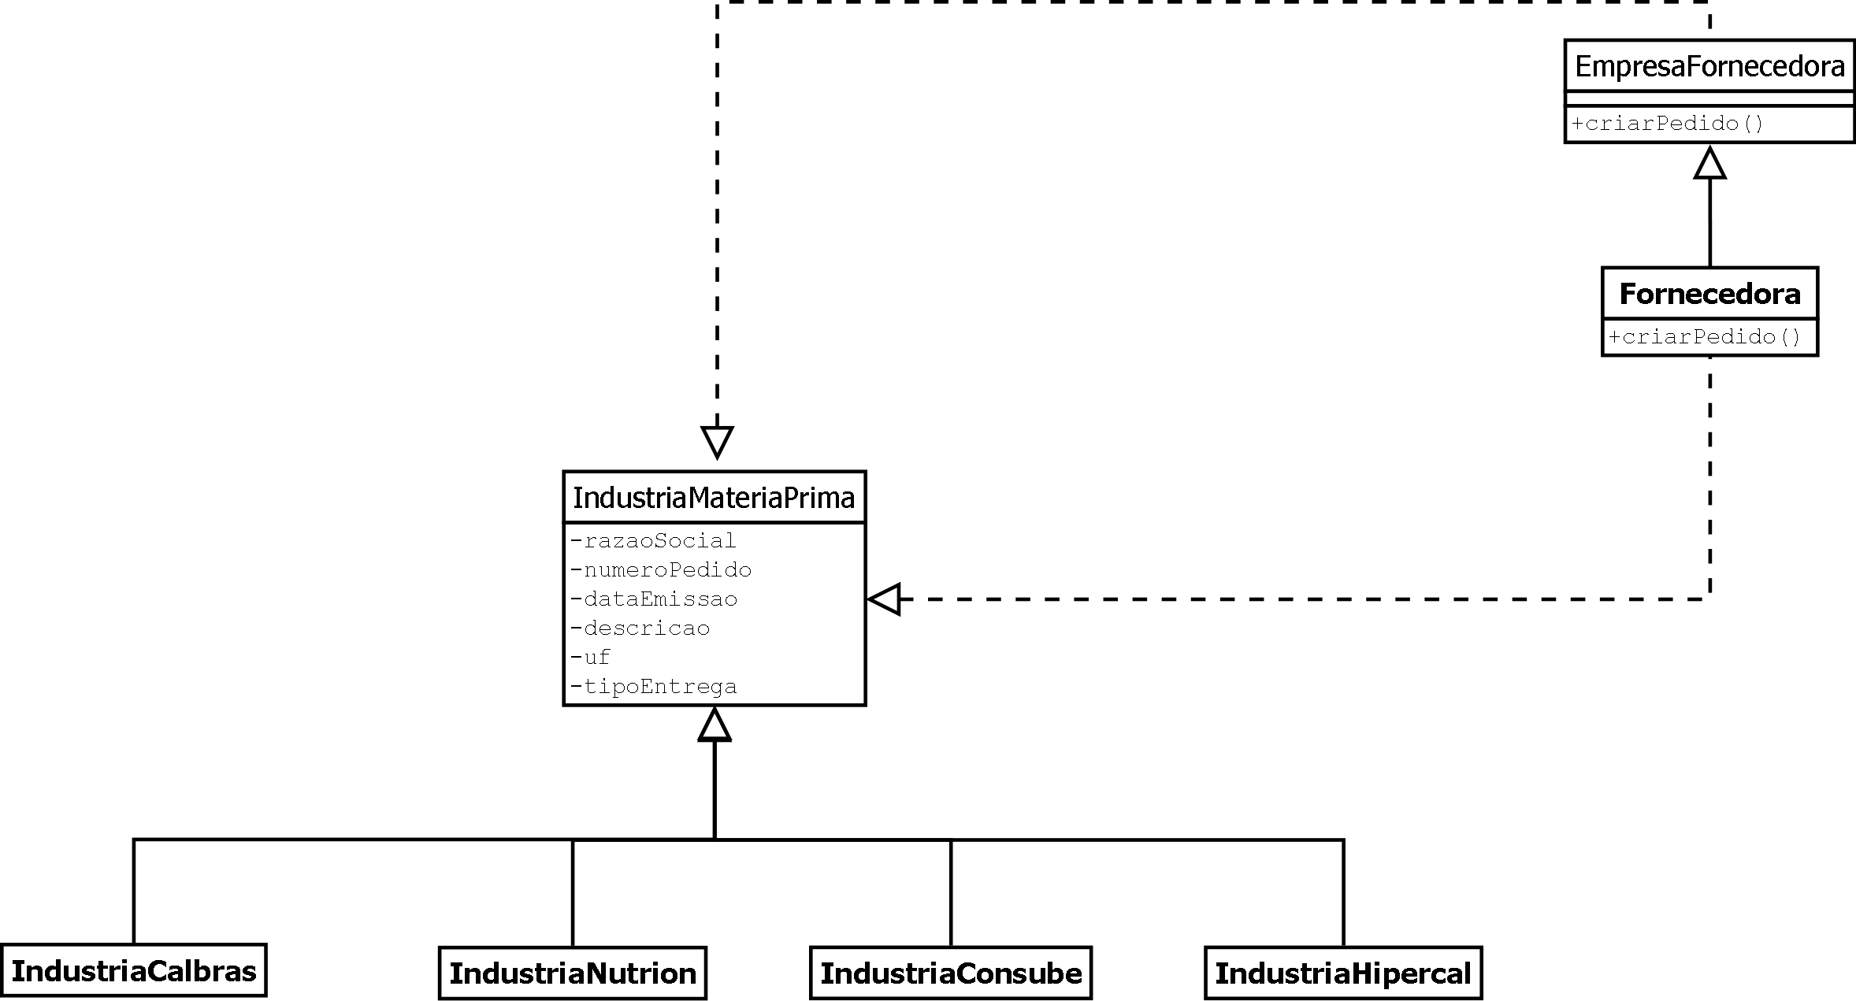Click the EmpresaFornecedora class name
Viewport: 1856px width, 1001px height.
(x=1709, y=67)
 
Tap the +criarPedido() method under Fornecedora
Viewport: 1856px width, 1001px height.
(x=1704, y=337)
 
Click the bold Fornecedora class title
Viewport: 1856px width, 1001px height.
(x=1709, y=294)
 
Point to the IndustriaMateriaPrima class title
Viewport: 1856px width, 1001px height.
(x=714, y=498)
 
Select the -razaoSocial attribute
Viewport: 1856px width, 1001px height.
(x=653, y=541)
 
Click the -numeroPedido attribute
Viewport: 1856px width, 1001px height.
(x=661, y=570)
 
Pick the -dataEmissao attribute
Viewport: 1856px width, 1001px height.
(x=654, y=599)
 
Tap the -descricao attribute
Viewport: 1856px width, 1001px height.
(x=640, y=628)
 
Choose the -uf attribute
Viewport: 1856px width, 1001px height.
(x=591, y=658)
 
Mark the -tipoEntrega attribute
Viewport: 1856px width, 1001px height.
(x=654, y=687)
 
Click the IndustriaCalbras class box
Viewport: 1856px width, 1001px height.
(x=133, y=971)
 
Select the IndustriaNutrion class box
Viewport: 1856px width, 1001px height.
(x=573, y=973)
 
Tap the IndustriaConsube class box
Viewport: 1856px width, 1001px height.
(x=951, y=973)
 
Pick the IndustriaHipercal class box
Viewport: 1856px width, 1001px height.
(x=1343, y=973)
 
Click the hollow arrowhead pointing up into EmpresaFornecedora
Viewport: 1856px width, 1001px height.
(x=1709, y=163)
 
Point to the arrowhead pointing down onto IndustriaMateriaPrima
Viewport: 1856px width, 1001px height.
(x=717, y=442)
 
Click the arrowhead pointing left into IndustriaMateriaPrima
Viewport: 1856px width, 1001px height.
(x=885, y=599)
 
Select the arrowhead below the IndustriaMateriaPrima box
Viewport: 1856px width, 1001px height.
(x=715, y=725)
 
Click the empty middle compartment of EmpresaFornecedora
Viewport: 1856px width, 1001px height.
(x=1709, y=98)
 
